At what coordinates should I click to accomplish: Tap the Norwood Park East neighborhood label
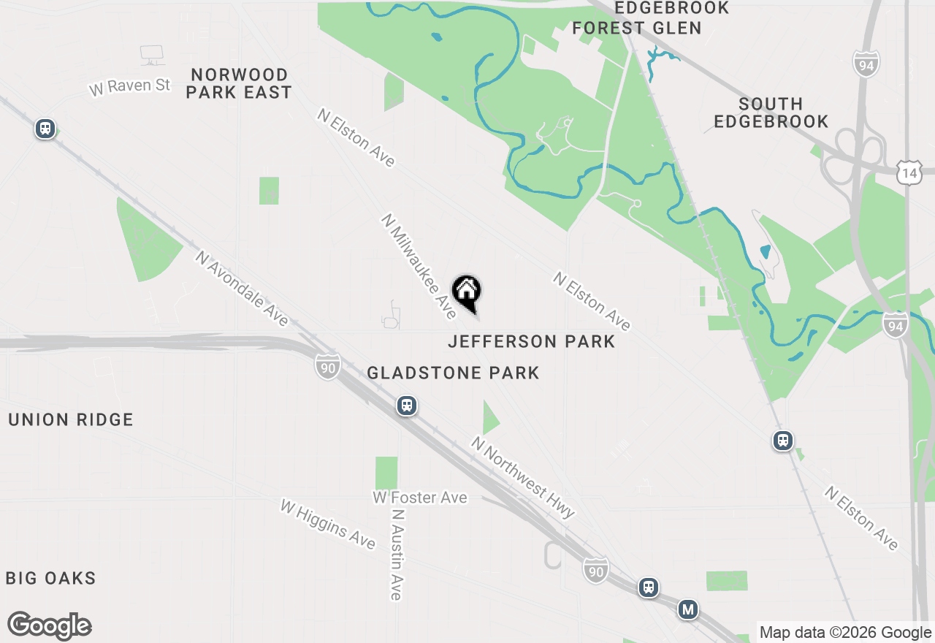239,83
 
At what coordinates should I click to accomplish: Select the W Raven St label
130,87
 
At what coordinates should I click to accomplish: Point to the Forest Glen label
636,28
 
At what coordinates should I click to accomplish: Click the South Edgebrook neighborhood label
771,113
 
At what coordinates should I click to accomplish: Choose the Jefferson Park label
532,341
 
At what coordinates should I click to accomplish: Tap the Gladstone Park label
453,373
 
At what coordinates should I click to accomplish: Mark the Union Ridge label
71,419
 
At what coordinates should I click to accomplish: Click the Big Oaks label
51,579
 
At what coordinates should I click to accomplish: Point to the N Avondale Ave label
242,289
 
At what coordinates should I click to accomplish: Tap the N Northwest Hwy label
524,477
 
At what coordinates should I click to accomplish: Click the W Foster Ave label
419,498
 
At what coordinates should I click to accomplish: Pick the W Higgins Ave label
328,524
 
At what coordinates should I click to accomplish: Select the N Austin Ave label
397,555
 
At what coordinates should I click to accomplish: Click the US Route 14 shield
908,174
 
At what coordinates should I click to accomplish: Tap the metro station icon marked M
687,609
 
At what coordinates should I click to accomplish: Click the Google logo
50,625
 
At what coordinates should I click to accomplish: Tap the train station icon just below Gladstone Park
407,406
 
